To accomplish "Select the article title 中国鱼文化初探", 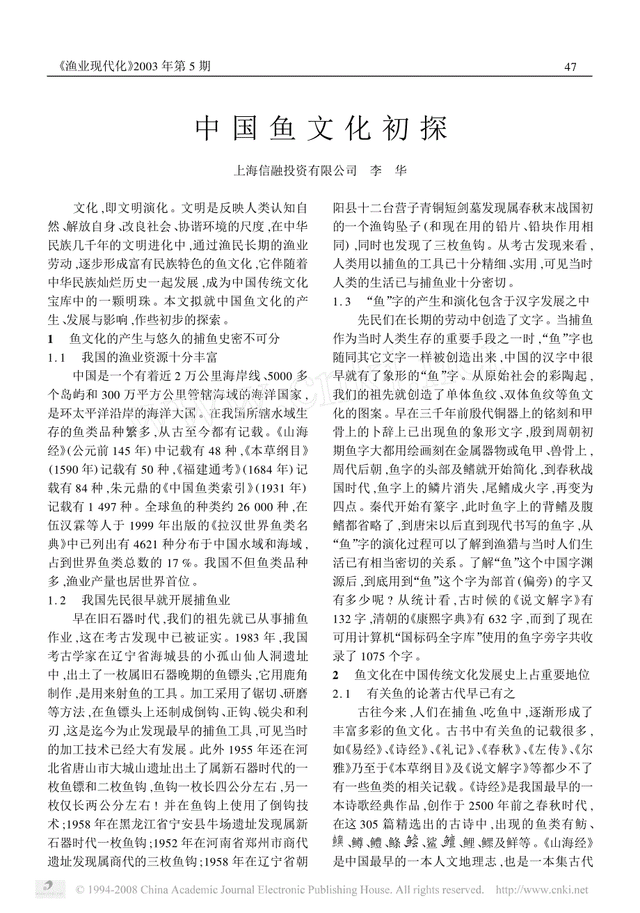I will [x=320, y=129].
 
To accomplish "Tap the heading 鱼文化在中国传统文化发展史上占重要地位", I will [x=472, y=674].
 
